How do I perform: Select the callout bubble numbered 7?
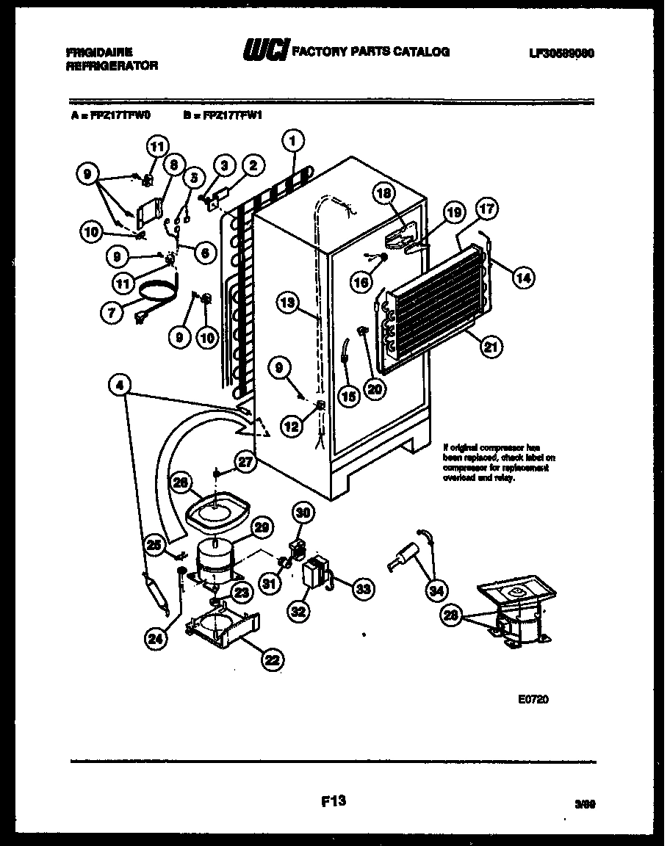pos(111,313)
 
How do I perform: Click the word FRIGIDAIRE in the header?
pos(98,52)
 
